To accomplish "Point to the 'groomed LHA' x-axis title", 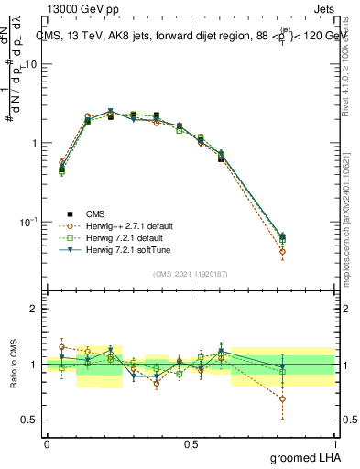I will click(x=306, y=457).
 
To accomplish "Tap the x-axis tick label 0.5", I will click(x=191, y=443).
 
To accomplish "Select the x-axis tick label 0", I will click(x=47, y=443).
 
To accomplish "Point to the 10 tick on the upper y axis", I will click(x=31, y=64).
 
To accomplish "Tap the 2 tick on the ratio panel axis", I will click(x=34, y=309).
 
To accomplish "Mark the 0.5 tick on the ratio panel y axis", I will click(x=29, y=420).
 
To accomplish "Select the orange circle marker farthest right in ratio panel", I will click(x=282, y=398).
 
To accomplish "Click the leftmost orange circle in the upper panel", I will click(x=61, y=162).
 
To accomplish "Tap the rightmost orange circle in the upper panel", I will click(x=282, y=251).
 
